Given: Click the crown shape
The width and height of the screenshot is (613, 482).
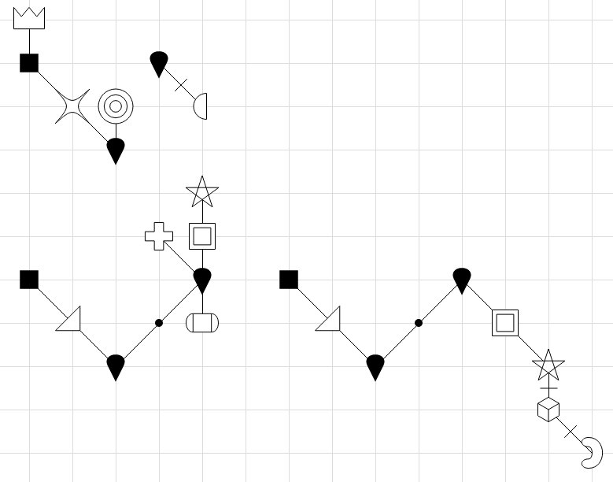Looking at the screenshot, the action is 29,18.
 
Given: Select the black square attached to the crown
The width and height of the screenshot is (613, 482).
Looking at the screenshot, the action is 29,63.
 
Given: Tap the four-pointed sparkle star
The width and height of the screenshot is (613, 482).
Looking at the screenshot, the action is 72,106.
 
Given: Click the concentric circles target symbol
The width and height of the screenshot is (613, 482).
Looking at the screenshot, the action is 116,106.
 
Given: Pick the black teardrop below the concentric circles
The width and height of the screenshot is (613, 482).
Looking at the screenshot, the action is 116,150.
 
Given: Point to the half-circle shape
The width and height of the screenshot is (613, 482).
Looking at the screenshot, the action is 201,106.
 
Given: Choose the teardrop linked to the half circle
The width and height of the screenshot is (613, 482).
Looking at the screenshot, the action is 159,63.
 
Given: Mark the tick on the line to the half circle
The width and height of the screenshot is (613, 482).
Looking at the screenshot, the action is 180,84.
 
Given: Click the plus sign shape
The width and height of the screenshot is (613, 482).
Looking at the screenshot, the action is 159,236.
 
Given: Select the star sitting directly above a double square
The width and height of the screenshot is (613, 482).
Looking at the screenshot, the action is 202,191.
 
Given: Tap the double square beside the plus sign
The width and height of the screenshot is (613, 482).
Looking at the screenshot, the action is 202,236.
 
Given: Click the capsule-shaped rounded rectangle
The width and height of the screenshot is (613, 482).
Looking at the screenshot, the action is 202,323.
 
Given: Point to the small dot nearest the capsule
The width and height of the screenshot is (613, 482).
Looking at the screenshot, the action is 159,323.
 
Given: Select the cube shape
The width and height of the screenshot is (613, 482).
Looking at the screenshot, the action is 548,410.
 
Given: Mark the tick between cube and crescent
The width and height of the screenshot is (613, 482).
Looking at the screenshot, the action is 571,431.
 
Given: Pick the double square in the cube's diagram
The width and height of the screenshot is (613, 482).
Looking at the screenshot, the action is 505,323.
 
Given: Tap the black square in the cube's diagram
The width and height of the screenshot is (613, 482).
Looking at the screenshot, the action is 289,280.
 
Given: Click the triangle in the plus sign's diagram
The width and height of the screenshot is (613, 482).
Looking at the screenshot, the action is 71,320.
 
